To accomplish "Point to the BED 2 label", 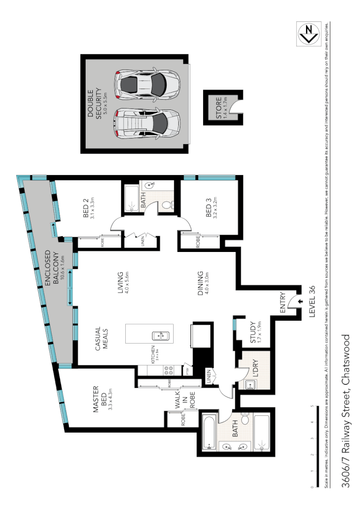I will click(90, 208).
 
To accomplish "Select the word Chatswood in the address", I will click(346, 356).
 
